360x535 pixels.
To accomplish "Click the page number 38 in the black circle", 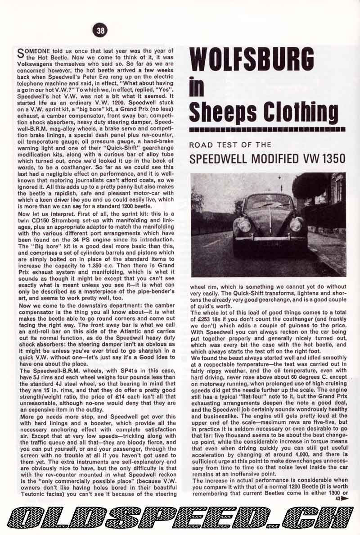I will click(x=100, y=30).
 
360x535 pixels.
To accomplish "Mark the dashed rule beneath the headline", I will click(x=267, y=130).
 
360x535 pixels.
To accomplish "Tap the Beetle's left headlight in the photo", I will click(x=244, y=226).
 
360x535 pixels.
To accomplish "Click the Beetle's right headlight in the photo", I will click(x=295, y=225).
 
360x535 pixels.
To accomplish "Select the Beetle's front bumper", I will click(x=270, y=238).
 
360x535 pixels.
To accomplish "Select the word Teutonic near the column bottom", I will click(x=31, y=494).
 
